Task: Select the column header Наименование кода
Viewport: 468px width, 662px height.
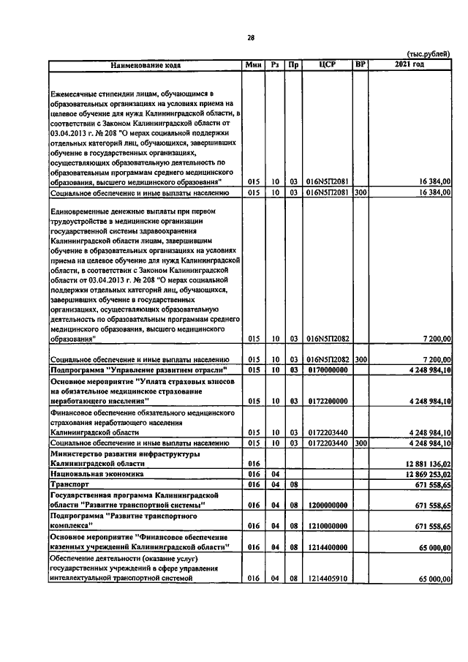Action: coord(146,65)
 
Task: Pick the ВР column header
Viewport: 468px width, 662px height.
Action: coord(360,65)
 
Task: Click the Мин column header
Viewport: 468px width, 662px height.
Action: coord(253,65)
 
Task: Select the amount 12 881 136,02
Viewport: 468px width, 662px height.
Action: coord(424,463)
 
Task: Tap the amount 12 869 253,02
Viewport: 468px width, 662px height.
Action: coord(424,474)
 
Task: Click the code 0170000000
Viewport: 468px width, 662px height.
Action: coord(325,371)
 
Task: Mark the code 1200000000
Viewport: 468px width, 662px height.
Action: coord(325,505)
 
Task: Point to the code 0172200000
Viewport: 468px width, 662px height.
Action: coord(325,402)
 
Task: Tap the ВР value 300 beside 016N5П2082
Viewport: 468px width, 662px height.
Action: coord(361,360)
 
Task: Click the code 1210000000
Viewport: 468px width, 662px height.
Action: coord(325,525)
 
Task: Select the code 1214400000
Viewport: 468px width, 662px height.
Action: coord(325,546)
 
